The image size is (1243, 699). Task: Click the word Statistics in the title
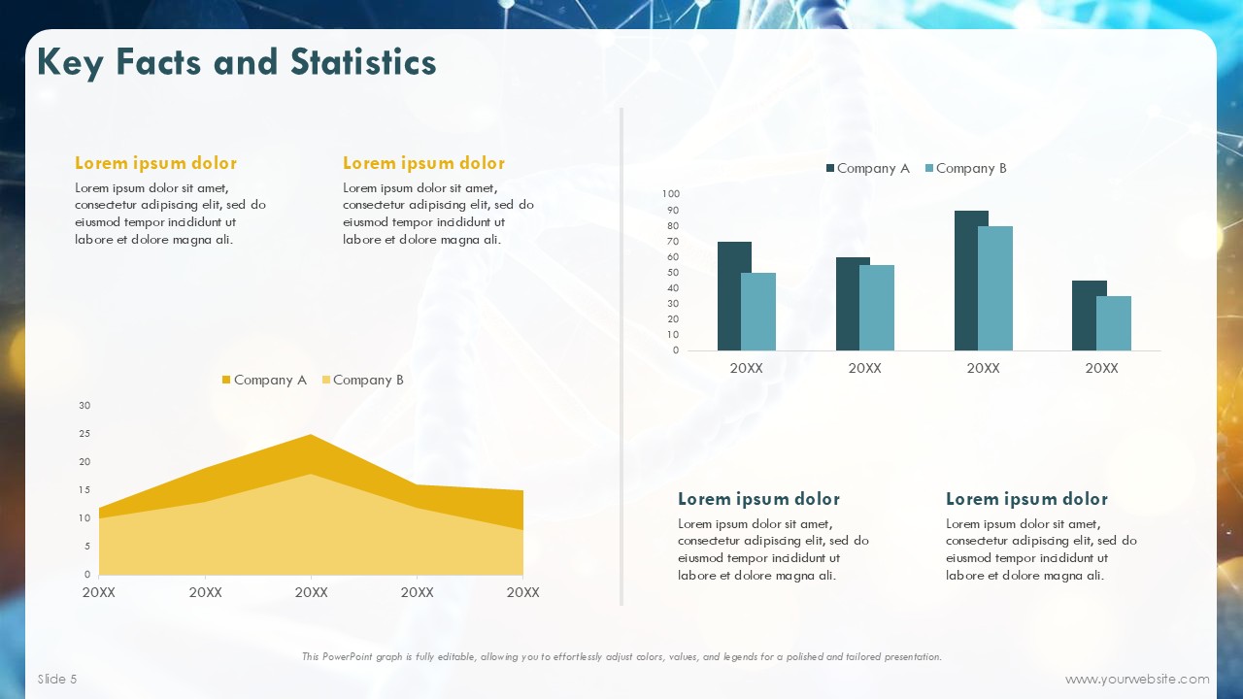(x=363, y=61)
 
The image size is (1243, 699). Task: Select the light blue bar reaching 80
(x=995, y=288)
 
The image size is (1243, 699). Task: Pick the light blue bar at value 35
(x=1114, y=323)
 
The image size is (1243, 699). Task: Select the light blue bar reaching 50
(x=758, y=312)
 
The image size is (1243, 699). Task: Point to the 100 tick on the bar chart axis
(x=670, y=193)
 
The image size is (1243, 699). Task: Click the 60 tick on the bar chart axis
(x=673, y=257)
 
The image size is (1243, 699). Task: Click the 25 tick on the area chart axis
(x=84, y=433)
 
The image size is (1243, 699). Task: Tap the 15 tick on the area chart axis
(x=84, y=490)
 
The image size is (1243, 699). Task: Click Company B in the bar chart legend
(x=966, y=168)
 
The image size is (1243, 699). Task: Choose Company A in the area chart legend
(x=265, y=380)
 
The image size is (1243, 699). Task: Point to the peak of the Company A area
(x=311, y=434)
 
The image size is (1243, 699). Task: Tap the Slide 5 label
(x=57, y=679)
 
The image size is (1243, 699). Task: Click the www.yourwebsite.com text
(x=1137, y=679)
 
